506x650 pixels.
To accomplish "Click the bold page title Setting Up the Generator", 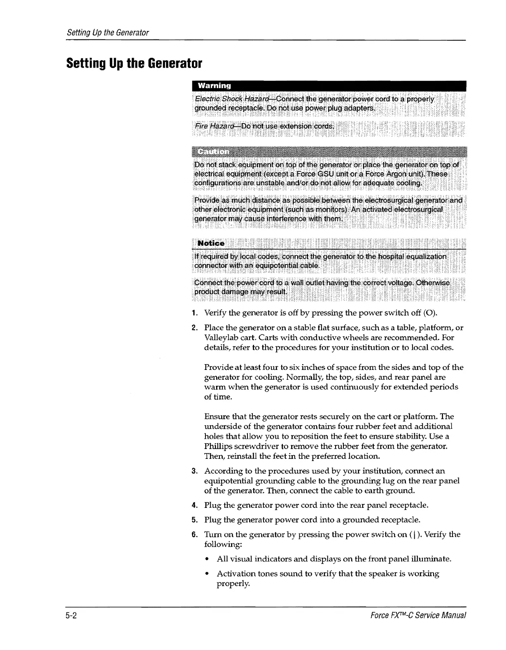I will tap(134, 64).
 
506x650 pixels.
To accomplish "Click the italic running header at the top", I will tap(107, 32).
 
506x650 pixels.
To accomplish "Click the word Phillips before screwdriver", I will tap(219, 446).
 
